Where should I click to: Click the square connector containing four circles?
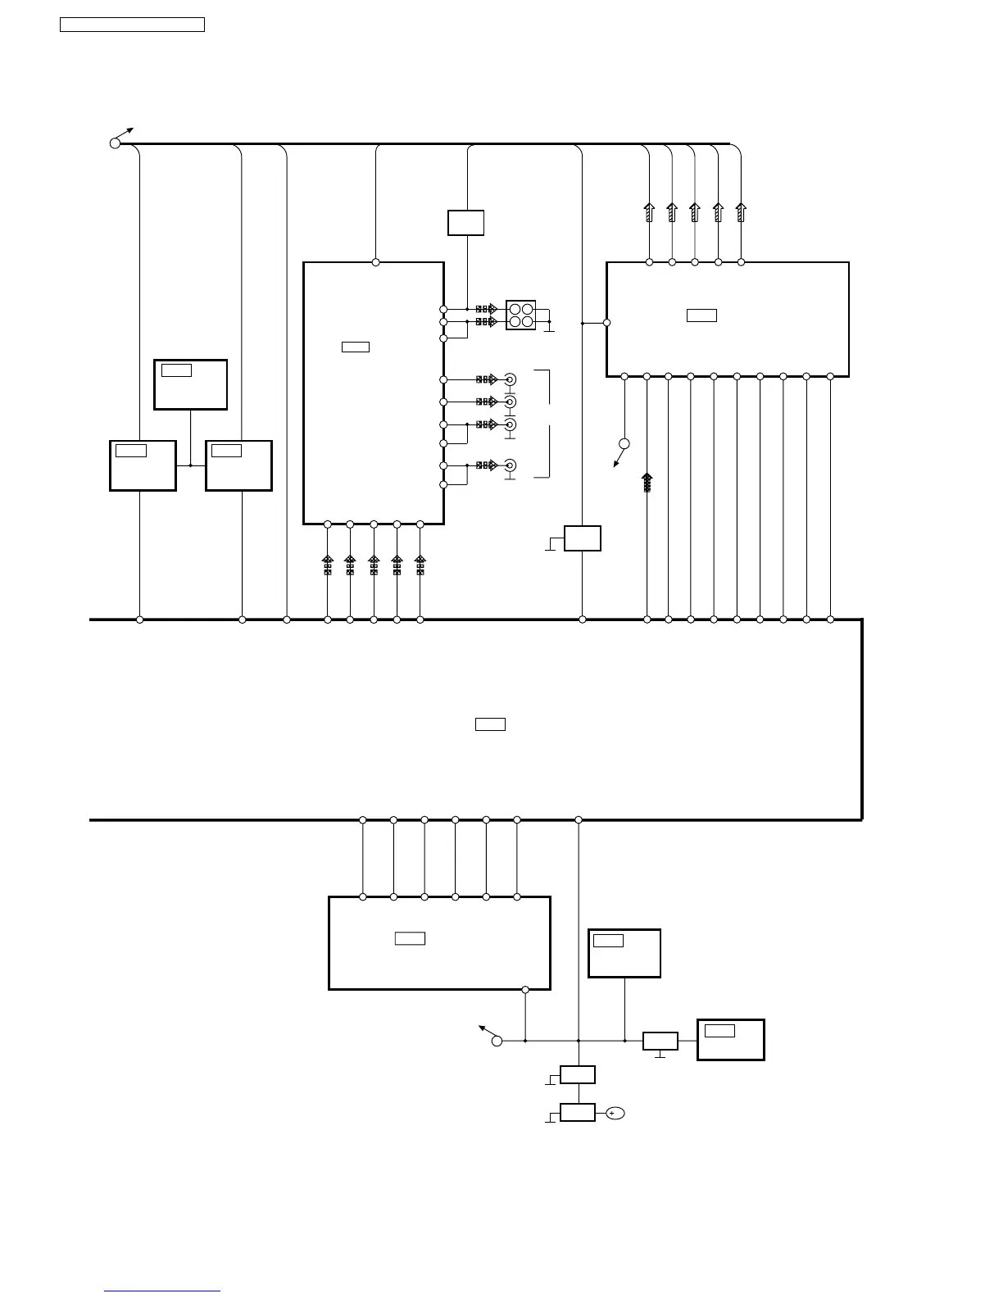(x=520, y=315)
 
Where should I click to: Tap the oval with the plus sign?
(x=615, y=1113)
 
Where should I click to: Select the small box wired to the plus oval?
(x=578, y=1113)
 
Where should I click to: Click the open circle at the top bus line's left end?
(x=115, y=143)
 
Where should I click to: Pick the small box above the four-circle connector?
(x=465, y=223)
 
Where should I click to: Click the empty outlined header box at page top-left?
(x=132, y=24)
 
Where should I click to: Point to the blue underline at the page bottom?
(x=162, y=1291)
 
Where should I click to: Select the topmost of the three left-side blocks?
(x=190, y=384)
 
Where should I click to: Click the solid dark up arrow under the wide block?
(x=647, y=482)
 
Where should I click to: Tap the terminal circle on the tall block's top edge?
(x=376, y=262)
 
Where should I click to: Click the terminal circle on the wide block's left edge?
(x=606, y=323)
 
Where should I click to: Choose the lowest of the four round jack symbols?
(x=510, y=465)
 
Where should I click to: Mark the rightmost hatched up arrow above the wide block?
(x=741, y=212)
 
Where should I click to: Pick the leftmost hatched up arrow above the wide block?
(x=649, y=212)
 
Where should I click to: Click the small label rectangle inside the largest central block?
(x=490, y=724)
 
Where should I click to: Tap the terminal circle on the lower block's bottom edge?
(x=525, y=990)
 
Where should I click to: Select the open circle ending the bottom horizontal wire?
(x=497, y=1041)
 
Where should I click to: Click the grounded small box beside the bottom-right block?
(x=660, y=1042)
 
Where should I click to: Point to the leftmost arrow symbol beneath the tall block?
(x=327, y=565)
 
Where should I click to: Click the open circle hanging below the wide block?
(x=624, y=444)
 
